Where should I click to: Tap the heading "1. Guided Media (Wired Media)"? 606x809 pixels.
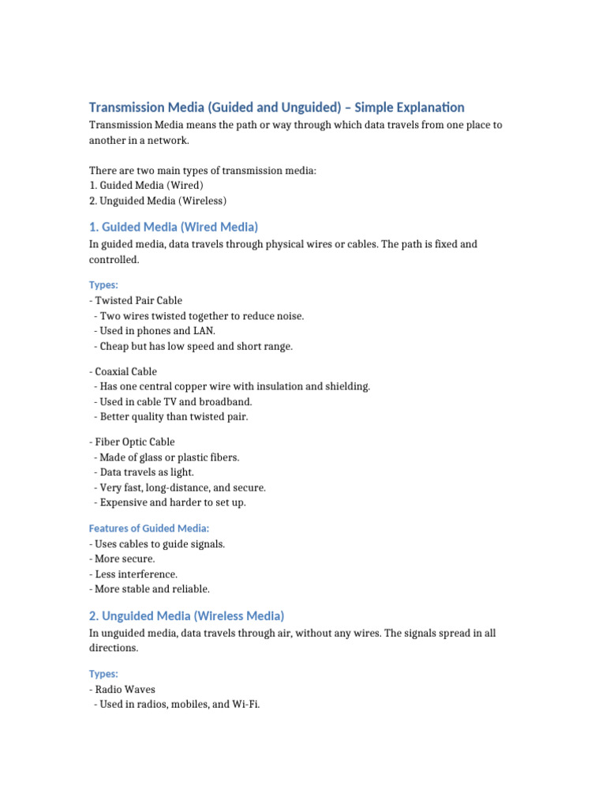(174, 227)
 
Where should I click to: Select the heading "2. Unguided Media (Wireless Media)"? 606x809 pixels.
(186, 615)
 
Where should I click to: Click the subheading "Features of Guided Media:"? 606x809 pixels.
(149, 528)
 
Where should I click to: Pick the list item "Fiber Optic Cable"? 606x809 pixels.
(133, 442)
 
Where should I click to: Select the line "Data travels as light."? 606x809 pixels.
(148, 472)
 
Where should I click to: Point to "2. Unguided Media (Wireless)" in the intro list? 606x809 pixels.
(159, 201)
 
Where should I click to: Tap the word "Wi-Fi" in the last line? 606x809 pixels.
(245, 704)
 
